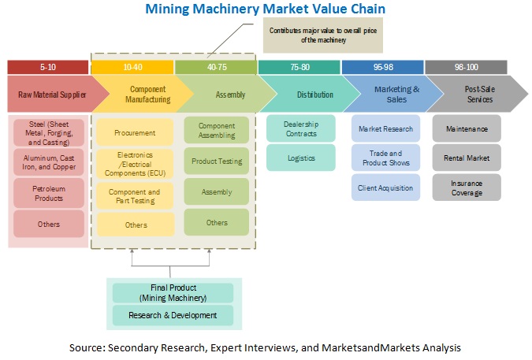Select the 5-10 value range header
point(47,68)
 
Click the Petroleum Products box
point(49,193)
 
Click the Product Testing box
point(217,161)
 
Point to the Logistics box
point(301,158)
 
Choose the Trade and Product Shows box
point(386,158)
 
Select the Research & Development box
point(173,315)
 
